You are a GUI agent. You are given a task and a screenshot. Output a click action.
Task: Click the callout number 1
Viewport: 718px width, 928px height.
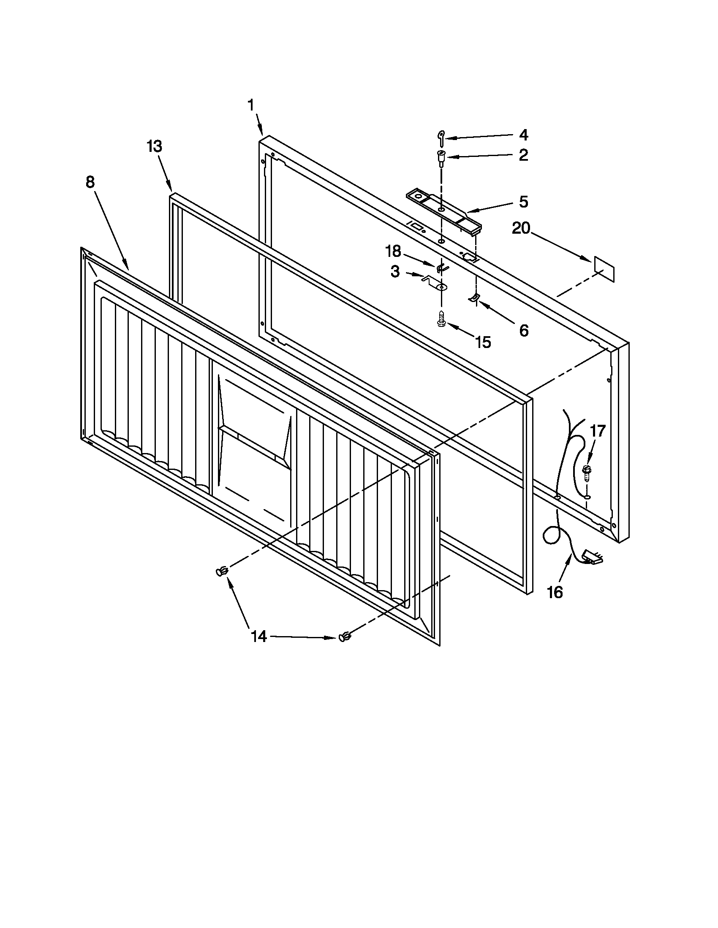click(x=251, y=105)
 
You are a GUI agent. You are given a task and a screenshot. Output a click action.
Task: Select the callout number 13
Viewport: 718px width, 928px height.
click(x=155, y=147)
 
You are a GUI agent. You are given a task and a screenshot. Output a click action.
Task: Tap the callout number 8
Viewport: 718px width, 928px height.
click(x=90, y=182)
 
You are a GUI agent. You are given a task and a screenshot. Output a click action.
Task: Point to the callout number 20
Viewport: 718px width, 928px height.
click(x=521, y=229)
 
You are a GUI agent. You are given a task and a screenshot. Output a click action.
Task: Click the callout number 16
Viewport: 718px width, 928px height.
click(x=555, y=592)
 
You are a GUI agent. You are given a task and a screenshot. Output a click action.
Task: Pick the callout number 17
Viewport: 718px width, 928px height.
click(x=597, y=431)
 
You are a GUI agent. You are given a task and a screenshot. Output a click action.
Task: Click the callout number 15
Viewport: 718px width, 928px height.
click(x=483, y=342)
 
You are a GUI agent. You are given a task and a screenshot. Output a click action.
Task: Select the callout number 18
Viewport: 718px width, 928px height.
click(x=393, y=251)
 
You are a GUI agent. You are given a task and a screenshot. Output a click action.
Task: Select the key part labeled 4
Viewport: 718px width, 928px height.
click(x=441, y=138)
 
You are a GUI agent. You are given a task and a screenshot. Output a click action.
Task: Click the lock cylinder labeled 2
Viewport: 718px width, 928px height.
click(x=441, y=158)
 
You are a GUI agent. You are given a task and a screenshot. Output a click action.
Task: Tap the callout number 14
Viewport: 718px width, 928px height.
click(x=258, y=648)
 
